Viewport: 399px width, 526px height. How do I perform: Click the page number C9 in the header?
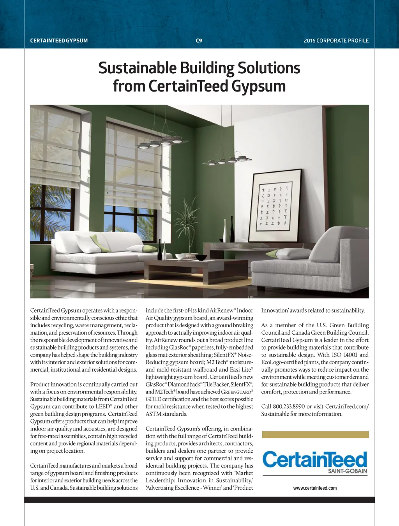pos(199,41)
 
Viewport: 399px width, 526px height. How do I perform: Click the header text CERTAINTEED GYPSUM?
pos(59,41)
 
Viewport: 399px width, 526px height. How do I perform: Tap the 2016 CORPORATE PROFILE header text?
pos(336,41)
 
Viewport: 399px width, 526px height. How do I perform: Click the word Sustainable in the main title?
pos(137,68)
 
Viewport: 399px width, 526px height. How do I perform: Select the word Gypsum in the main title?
pos(258,86)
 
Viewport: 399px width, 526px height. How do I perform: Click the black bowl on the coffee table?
pos(201,258)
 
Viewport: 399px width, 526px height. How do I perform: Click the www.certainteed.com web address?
pos(315,488)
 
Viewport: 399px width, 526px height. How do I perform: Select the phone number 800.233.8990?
pos(289,406)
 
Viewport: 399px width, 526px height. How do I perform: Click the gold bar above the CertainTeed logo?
pos(315,434)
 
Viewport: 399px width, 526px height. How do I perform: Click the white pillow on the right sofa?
pos(293,254)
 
